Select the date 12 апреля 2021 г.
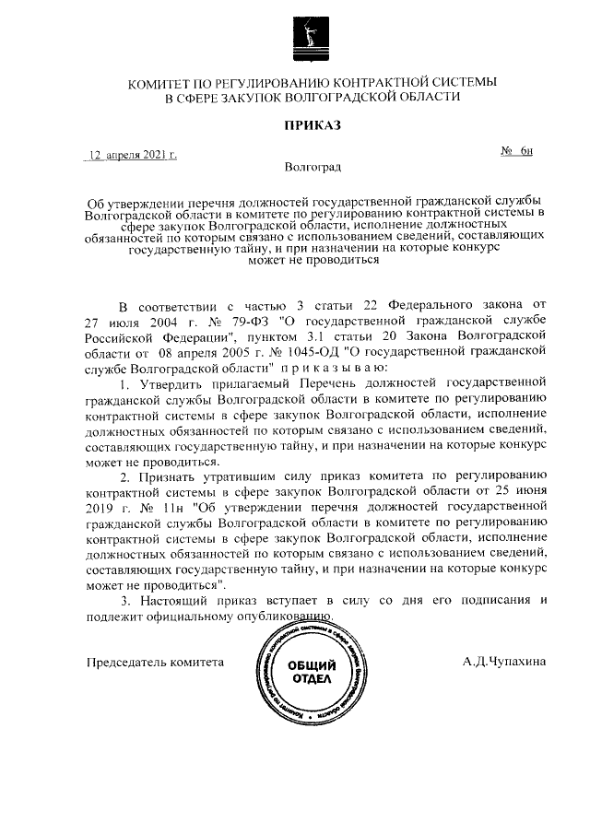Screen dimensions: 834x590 coord(132,156)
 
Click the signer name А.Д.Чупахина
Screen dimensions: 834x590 coord(505,662)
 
